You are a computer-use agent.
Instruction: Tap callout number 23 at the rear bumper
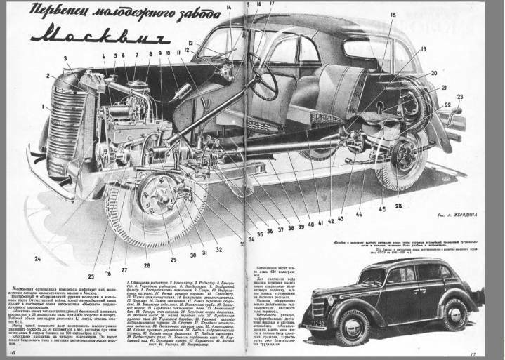[460, 97]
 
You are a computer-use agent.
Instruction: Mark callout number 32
[218, 248]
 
